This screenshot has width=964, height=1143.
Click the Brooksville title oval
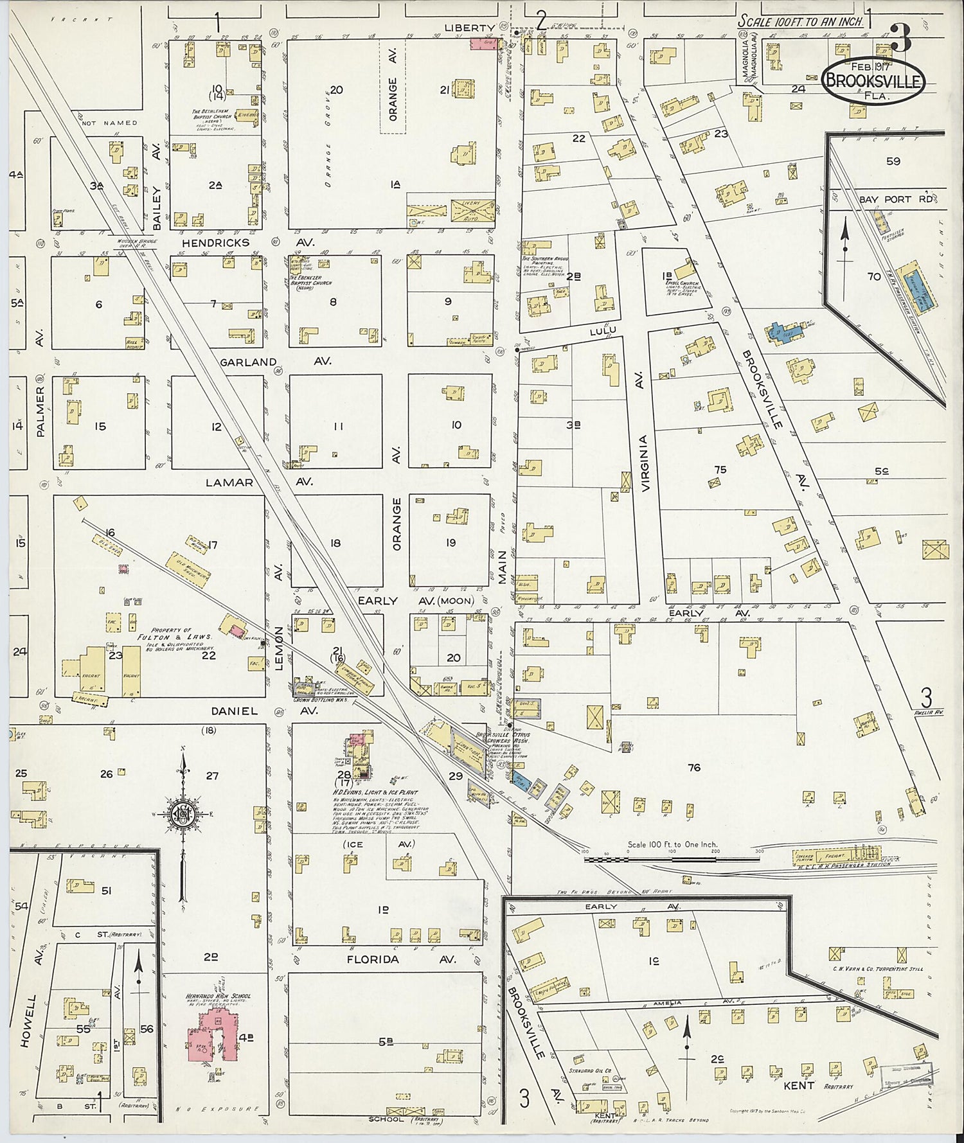(x=875, y=82)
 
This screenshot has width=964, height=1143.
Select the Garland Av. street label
(x=276, y=362)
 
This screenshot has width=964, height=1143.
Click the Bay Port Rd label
(x=894, y=199)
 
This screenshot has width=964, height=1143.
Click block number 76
(x=693, y=767)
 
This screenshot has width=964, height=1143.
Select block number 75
(x=720, y=470)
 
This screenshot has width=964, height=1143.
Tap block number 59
(x=893, y=161)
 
